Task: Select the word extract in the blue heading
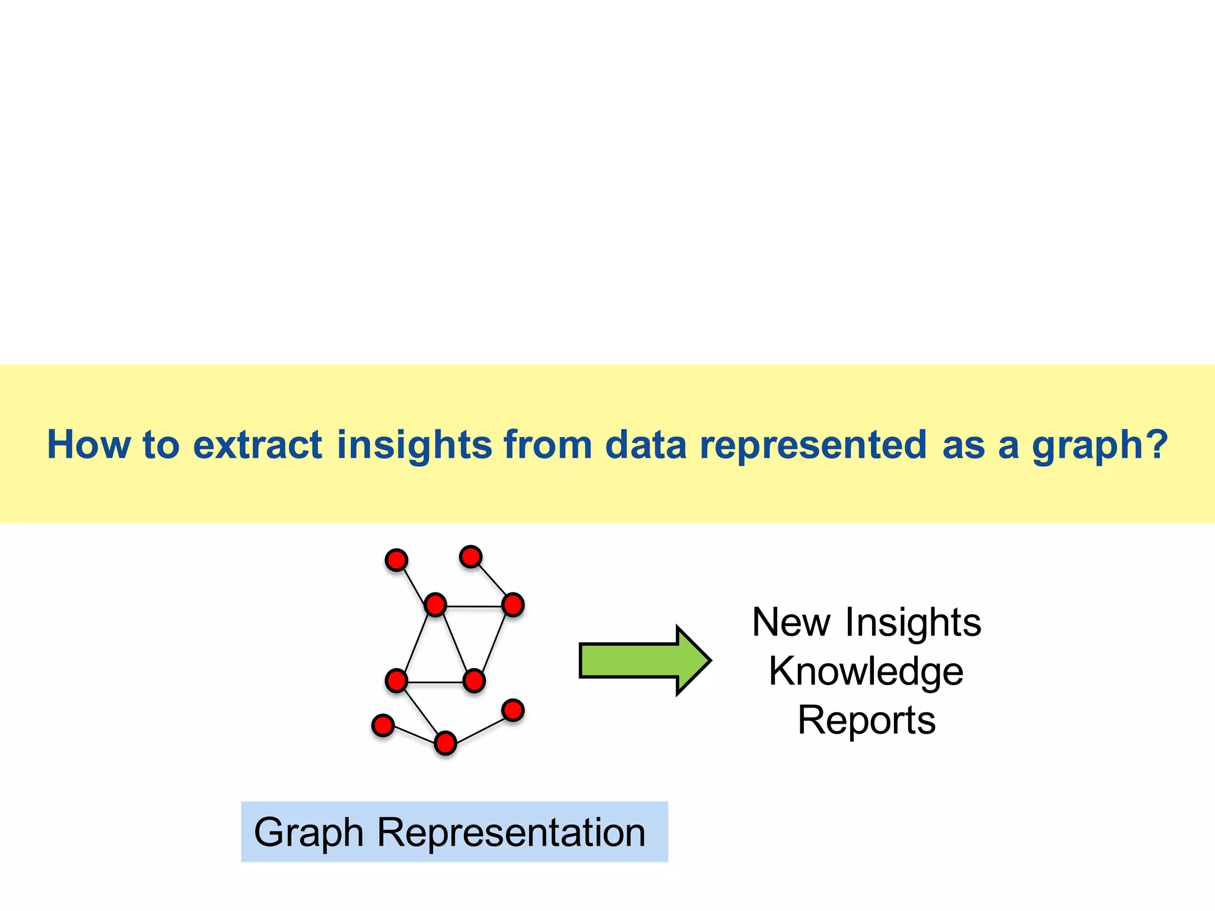point(257,444)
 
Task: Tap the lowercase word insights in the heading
point(414,444)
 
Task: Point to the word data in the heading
point(645,444)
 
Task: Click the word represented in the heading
point(813,444)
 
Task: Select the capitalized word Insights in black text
point(913,622)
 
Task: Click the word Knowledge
point(866,671)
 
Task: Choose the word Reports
point(866,720)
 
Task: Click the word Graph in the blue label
point(308,832)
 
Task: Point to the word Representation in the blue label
point(511,832)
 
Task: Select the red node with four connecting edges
point(435,605)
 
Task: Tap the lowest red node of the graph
point(446,743)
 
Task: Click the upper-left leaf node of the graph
point(396,560)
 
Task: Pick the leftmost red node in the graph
point(383,725)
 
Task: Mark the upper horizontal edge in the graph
point(474,607)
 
